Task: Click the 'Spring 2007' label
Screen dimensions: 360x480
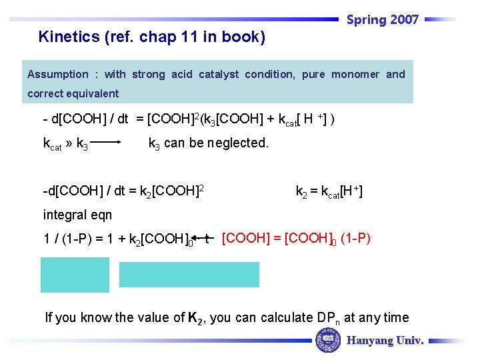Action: point(382,20)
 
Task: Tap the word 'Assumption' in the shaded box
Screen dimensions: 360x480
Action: point(58,74)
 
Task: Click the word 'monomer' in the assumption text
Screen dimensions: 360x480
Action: point(355,74)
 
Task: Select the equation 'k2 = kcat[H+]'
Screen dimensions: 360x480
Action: point(329,192)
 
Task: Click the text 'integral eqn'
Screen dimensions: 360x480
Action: point(77,215)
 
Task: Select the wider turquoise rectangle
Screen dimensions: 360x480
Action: point(189,274)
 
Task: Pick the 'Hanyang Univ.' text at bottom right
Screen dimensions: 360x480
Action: point(385,341)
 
